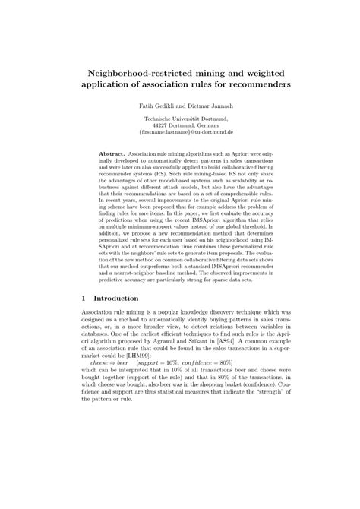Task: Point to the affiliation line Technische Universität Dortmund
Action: [x=180, y=119]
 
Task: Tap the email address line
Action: [x=180, y=134]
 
